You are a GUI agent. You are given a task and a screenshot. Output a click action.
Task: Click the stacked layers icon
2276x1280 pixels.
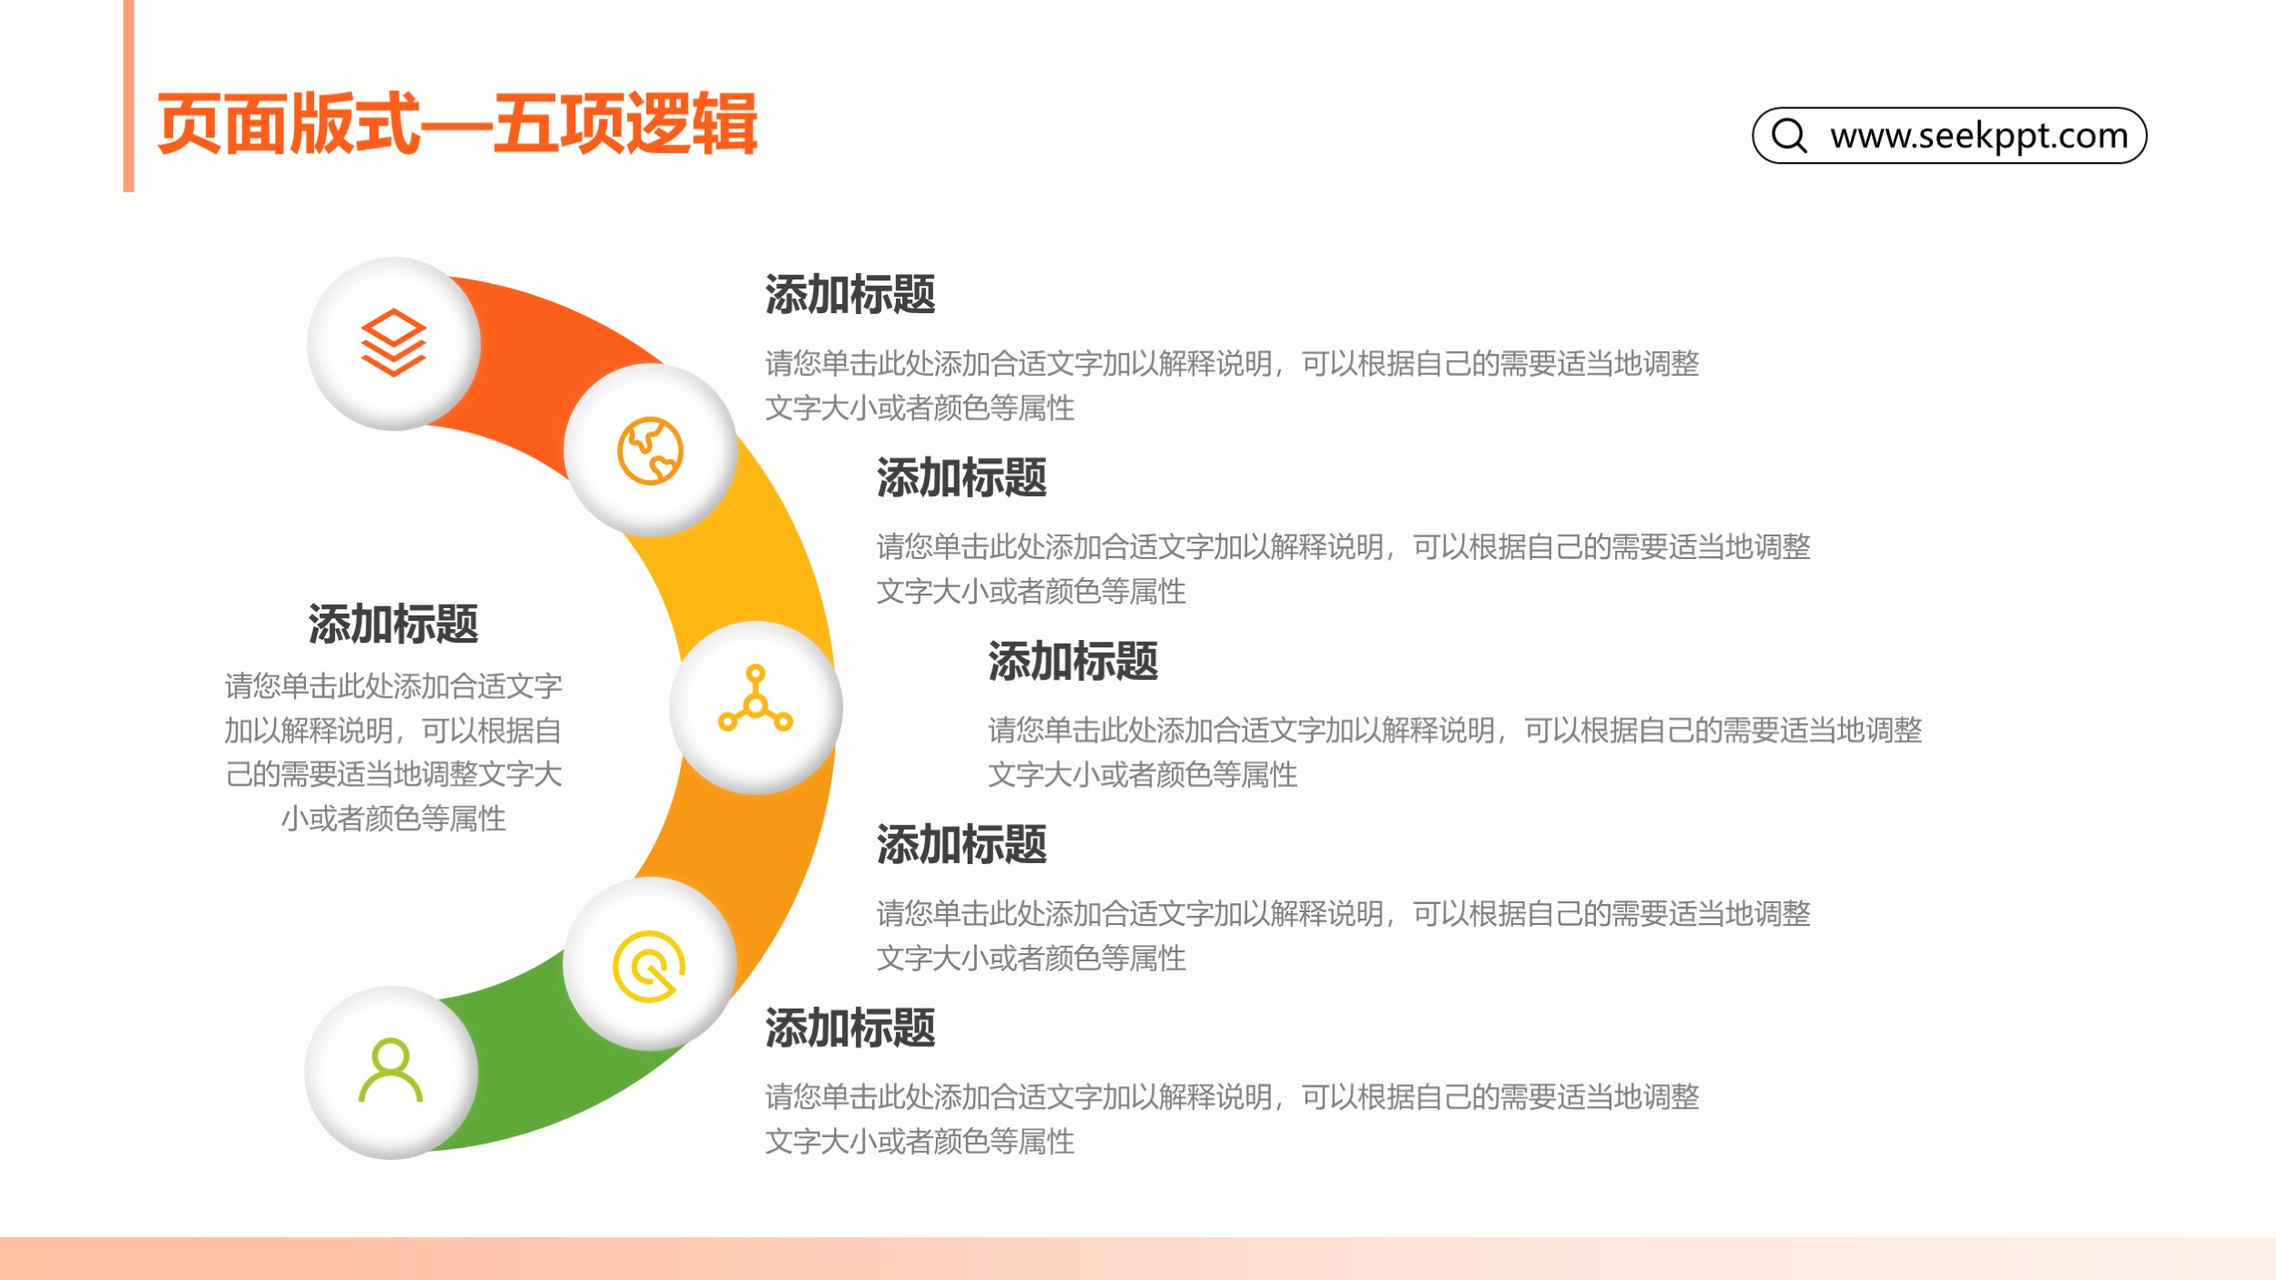[x=393, y=343]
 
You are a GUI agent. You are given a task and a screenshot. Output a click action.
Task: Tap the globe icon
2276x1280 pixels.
[x=650, y=451]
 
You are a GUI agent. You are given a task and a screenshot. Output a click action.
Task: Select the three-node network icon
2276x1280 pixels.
[x=756, y=699]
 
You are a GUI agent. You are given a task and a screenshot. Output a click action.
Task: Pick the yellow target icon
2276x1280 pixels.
[x=649, y=966]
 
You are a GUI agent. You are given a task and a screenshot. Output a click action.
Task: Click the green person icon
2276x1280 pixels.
[x=391, y=1070]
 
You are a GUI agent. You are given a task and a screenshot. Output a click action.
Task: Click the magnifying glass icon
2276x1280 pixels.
[x=1789, y=135]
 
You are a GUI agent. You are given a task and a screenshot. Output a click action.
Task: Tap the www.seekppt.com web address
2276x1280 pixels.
[x=1979, y=136]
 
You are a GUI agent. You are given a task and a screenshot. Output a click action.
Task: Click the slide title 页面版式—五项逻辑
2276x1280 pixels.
[x=457, y=124]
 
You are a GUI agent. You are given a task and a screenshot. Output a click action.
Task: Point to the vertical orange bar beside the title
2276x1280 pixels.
[x=128, y=96]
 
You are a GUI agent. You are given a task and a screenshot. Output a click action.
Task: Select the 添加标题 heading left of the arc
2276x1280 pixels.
[x=393, y=625]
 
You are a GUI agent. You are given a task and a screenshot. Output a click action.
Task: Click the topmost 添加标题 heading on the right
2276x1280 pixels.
[x=850, y=294]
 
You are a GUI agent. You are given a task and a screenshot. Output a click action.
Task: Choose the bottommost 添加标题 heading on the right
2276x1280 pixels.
[x=850, y=1028]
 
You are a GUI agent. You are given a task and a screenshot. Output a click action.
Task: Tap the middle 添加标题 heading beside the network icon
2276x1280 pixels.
[x=1073, y=661]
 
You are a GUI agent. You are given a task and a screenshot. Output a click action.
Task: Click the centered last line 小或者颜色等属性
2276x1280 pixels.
[x=393, y=818]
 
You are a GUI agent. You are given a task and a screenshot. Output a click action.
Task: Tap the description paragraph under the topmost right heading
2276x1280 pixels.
[x=1232, y=386]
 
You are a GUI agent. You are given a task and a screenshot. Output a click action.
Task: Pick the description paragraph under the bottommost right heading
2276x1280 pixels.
[x=1232, y=1119]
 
